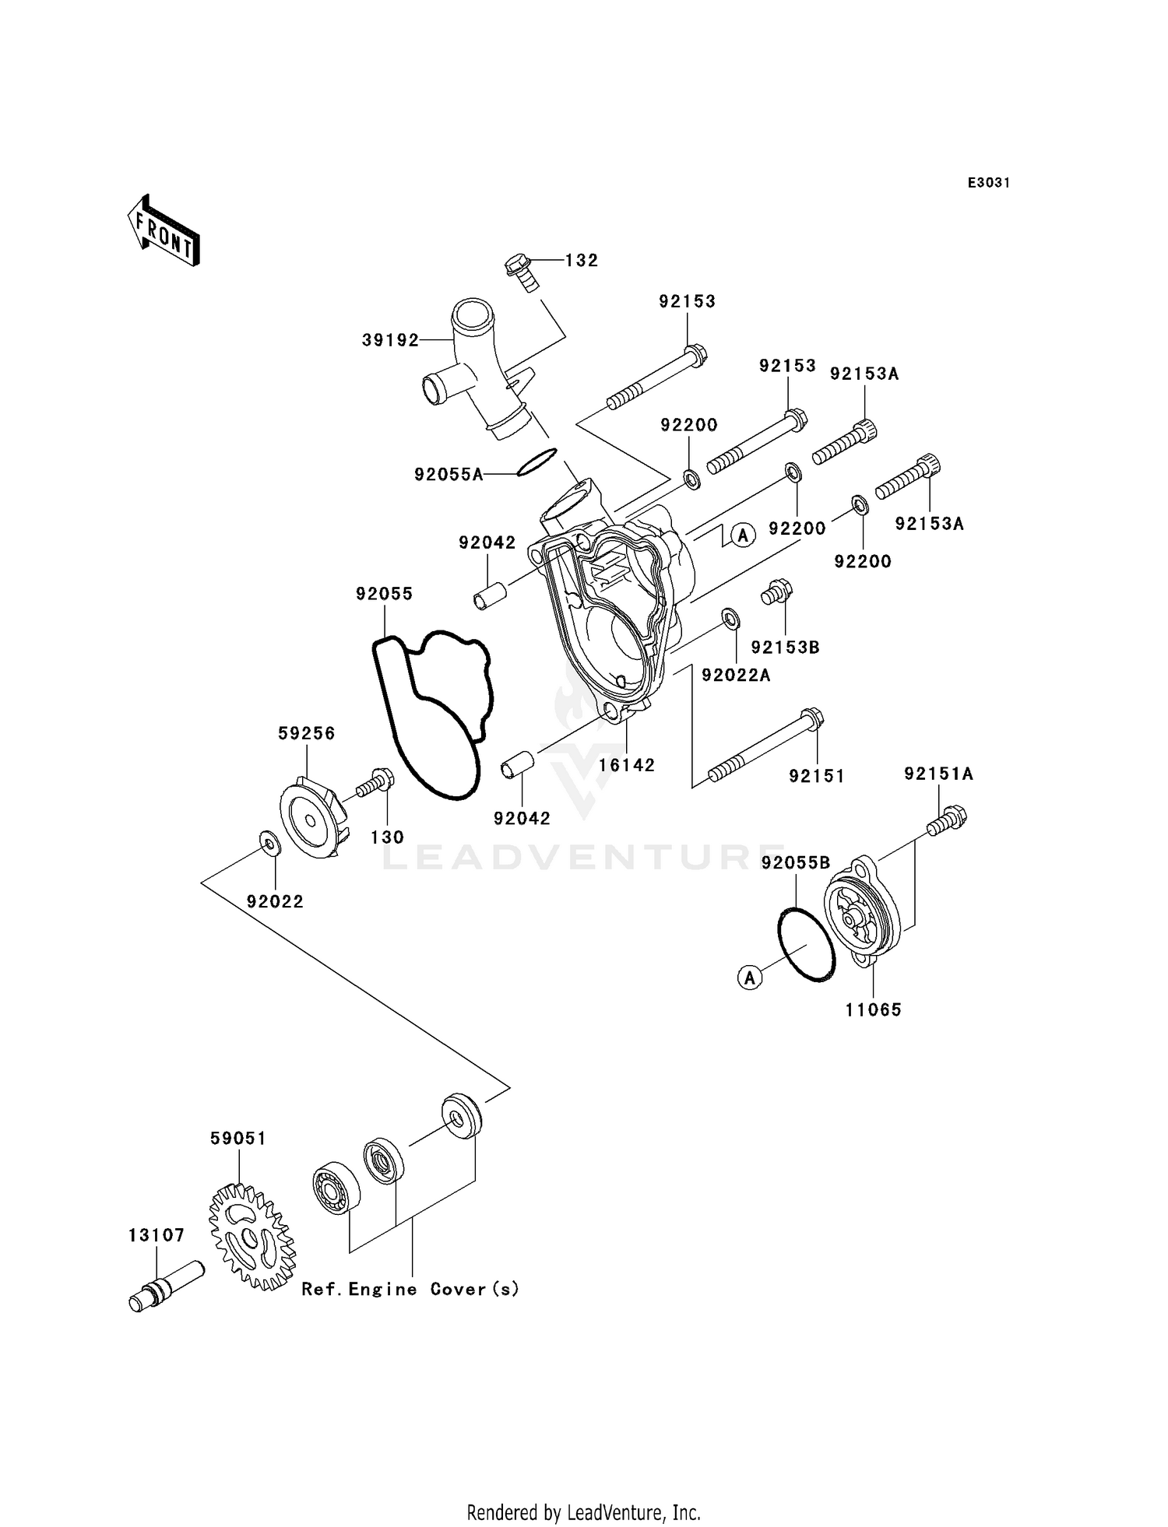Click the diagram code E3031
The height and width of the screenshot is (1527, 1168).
[x=988, y=183]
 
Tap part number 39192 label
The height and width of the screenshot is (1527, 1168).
[x=390, y=340]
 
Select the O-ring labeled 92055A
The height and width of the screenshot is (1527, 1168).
[x=537, y=462]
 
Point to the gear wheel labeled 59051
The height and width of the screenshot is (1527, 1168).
[x=252, y=1236]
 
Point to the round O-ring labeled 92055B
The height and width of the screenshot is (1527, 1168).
[x=807, y=943]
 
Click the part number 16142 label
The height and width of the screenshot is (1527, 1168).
[x=627, y=765]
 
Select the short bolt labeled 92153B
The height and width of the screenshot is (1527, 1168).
[x=776, y=592]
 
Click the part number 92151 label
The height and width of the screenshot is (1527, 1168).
[x=816, y=776]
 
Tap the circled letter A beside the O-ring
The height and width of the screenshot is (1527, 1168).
[x=750, y=978]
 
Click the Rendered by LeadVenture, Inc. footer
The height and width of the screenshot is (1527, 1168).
[x=583, y=1512]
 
